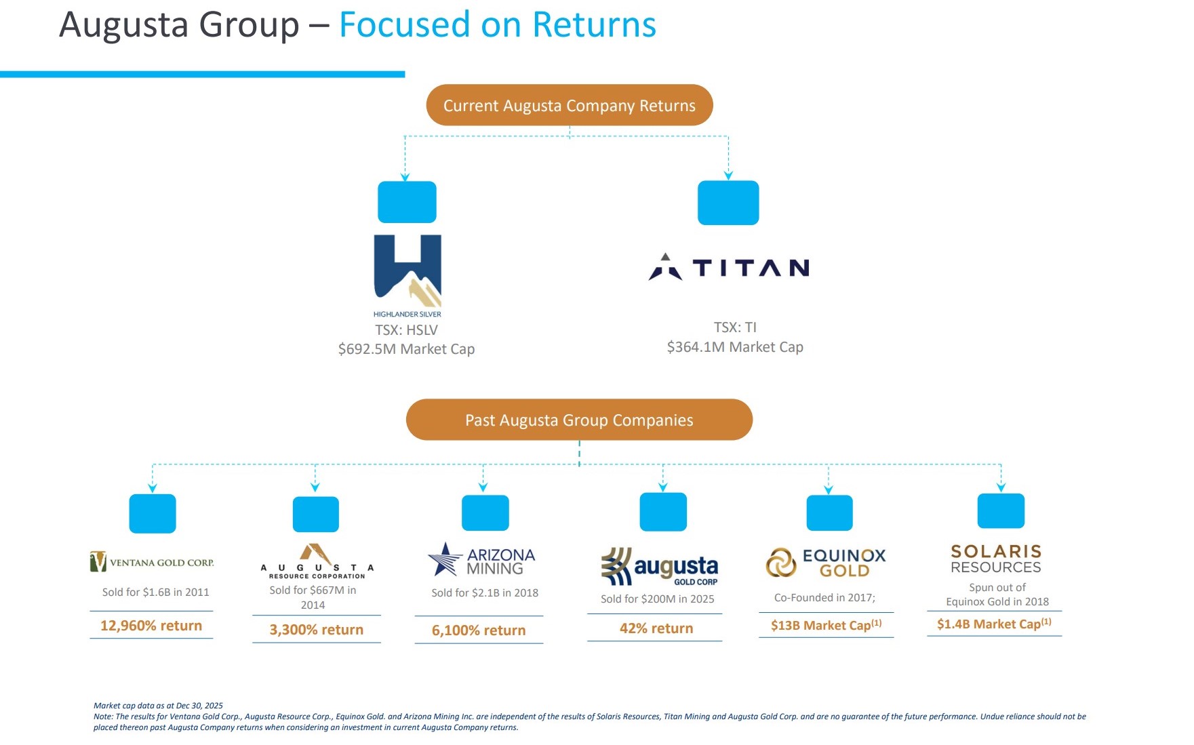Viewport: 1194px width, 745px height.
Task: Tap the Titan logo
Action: (x=730, y=268)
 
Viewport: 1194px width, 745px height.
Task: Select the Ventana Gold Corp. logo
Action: (x=152, y=562)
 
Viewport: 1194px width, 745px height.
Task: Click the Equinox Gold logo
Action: (x=826, y=563)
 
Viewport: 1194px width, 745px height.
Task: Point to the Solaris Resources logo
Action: (x=996, y=559)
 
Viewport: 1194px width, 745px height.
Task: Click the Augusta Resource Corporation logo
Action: (x=317, y=561)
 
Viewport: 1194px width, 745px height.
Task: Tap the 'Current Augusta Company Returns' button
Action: (x=570, y=105)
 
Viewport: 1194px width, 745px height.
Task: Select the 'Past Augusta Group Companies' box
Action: (x=579, y=420)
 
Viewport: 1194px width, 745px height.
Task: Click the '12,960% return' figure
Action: (x=151, y=626)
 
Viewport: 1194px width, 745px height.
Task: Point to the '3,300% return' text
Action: (x=317, y=630)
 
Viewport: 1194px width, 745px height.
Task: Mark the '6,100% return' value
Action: (x=479, y=630)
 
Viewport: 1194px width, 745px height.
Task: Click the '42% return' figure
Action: (x=656, y=628)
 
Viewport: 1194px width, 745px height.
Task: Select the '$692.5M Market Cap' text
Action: (x=406, y=349)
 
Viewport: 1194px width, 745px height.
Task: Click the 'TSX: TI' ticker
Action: (x=735, y=327)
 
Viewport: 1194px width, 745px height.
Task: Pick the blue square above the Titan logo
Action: (x=728, y=203)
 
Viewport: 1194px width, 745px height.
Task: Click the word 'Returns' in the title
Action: (x=594, y=25)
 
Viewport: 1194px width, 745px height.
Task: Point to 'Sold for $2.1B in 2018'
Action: (x=485, y=593)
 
